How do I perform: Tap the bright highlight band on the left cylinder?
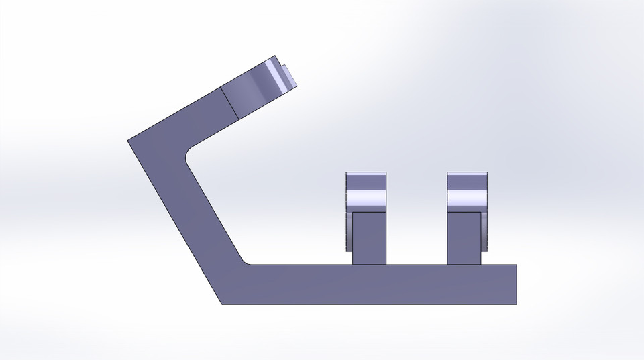coord(366,199)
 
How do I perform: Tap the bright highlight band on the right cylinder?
coord(467,199)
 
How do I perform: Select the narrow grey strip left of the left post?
coord(349,231)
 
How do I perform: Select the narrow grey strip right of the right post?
coord(484,231)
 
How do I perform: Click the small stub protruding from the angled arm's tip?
coord(290,75)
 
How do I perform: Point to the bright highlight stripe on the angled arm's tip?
coord(274,77)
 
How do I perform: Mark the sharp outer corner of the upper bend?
coord(128,141)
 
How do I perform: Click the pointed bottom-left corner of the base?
coord(223,304)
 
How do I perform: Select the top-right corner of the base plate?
coord(517,265)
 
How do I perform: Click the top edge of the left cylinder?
coord(366,173)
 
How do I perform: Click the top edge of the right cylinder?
coord(467,173)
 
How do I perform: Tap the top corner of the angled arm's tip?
coord(275,56)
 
